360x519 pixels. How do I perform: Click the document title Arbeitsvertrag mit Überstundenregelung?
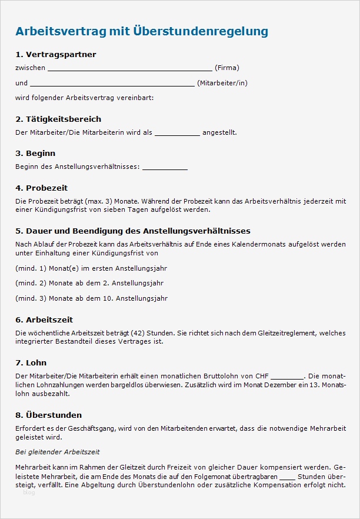[x=141, y=31]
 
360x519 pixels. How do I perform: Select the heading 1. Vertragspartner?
[x=55, y=55]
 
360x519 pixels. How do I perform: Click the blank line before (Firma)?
[x=129, y=68]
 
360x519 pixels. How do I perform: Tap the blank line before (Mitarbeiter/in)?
[x=112, y=83]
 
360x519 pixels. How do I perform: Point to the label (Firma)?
[x=227, y=68]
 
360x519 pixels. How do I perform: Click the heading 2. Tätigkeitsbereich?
[x=58, y=119]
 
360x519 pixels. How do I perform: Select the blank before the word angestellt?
[x=177, y=133]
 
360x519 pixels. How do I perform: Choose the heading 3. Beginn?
[x=35, y=154]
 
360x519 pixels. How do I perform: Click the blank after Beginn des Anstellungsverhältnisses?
[x=165, y=167]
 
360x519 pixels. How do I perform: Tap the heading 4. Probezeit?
[x=41, y=188]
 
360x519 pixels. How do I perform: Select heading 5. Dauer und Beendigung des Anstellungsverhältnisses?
[x=133, y=231]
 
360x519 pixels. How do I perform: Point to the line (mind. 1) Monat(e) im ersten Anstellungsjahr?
[x=91, y=268]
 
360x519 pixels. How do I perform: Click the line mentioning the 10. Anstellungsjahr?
[x=91, y=299]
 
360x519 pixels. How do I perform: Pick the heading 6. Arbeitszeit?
[x=44, y=320]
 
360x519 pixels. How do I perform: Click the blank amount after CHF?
[x=288, y=377]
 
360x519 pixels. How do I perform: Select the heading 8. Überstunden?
[x=48, y=415]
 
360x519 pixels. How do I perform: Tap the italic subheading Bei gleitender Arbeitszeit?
[x=58, y=452]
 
